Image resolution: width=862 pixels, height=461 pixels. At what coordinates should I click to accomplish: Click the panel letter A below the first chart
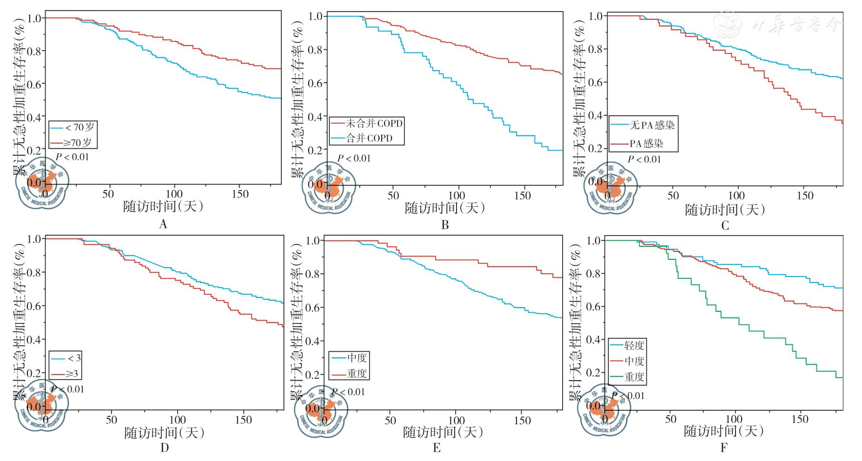[163, 224]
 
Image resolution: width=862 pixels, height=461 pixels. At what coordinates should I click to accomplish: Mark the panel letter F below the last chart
[723, 448]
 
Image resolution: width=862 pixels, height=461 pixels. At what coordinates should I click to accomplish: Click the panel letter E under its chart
[437, 448]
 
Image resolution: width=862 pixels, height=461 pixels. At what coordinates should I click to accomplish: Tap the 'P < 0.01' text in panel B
[354, 158]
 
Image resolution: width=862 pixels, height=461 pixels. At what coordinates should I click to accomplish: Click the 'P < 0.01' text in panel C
[644, 159]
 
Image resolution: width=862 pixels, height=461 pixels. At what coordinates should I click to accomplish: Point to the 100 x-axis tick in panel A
[174, 194]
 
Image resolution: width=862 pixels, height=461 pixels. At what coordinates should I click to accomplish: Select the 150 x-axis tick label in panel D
[244, 420]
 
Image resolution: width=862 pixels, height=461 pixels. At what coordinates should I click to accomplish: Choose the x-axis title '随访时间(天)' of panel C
[725, 210]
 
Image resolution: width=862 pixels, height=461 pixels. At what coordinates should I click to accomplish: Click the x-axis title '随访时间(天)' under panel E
[443, 432]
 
